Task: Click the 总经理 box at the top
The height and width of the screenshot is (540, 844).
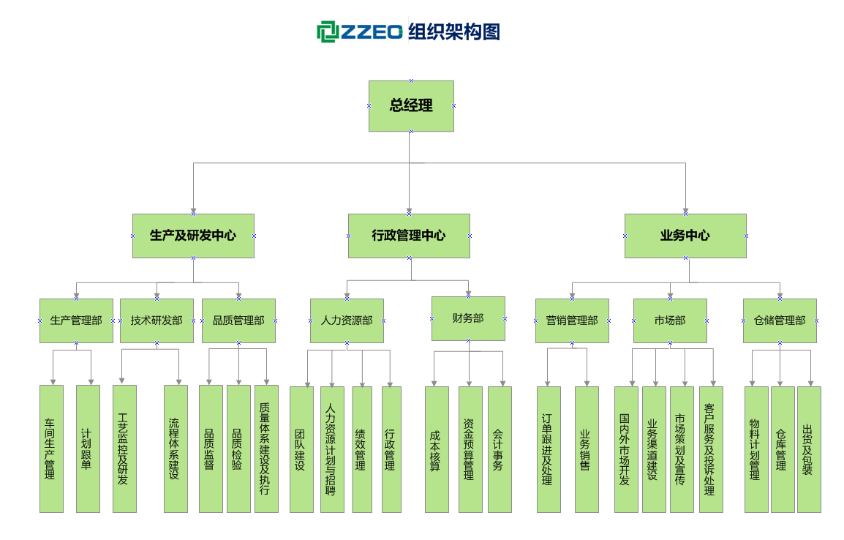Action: point(411,106)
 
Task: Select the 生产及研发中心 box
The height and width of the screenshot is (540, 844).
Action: point(193,236)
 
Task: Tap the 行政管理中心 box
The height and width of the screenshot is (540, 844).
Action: point(409,236)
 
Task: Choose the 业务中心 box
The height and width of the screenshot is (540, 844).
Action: point(685,236)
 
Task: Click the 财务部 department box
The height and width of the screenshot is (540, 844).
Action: point(468,318)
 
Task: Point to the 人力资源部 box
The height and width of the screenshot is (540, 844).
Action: point(347,320)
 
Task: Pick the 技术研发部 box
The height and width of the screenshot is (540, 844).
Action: point(157,320)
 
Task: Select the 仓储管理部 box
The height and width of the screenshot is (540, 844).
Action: point(780,320)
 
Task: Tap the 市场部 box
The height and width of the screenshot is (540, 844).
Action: point(670,320)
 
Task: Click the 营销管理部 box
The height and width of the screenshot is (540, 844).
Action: point(572,320)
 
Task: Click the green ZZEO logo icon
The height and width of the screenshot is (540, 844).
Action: point(326,31)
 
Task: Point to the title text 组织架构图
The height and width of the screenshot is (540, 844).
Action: point(454,31)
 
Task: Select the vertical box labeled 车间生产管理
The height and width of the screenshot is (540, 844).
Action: point(51,449)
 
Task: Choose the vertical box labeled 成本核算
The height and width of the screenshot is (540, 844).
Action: point(437,449)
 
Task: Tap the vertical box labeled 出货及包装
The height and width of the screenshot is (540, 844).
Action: point(809,449)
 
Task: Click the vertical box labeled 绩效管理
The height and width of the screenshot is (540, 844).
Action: point(361,449)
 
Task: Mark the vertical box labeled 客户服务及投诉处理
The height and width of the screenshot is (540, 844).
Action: point(711,449)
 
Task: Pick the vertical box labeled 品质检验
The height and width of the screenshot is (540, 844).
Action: point(238,449)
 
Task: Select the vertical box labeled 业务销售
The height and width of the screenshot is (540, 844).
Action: point(587,449)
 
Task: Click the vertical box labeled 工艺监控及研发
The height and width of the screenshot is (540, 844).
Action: point(124,449)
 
